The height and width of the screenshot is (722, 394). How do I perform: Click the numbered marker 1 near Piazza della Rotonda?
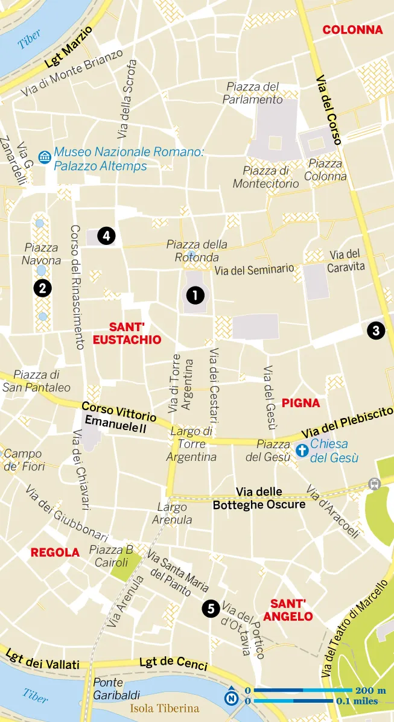click(195, 295)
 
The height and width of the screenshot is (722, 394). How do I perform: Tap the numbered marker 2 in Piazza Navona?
click(42, 288)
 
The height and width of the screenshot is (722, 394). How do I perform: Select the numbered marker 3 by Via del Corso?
click(376, 330)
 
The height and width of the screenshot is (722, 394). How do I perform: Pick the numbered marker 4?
click(106, 236)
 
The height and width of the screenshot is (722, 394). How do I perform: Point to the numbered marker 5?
click(211, 609)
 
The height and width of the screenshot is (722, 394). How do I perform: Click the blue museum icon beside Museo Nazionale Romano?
click(45, 158)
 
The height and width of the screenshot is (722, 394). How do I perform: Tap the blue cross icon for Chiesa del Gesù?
click(302, 450)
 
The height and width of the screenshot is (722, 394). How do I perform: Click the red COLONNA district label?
click(352, 30)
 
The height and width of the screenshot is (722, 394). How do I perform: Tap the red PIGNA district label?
click(300, 402)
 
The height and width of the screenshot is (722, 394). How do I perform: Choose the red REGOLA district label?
click(55, 552)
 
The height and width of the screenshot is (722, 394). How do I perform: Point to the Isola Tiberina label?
click(164, 708)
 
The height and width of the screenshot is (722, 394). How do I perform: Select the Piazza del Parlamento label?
click(252, 93)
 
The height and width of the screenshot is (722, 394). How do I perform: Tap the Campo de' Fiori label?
click(23, 460)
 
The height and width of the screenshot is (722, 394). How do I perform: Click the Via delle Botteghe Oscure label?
click(259, 498)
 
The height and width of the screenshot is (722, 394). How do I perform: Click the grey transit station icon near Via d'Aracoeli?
click(376, 483)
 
